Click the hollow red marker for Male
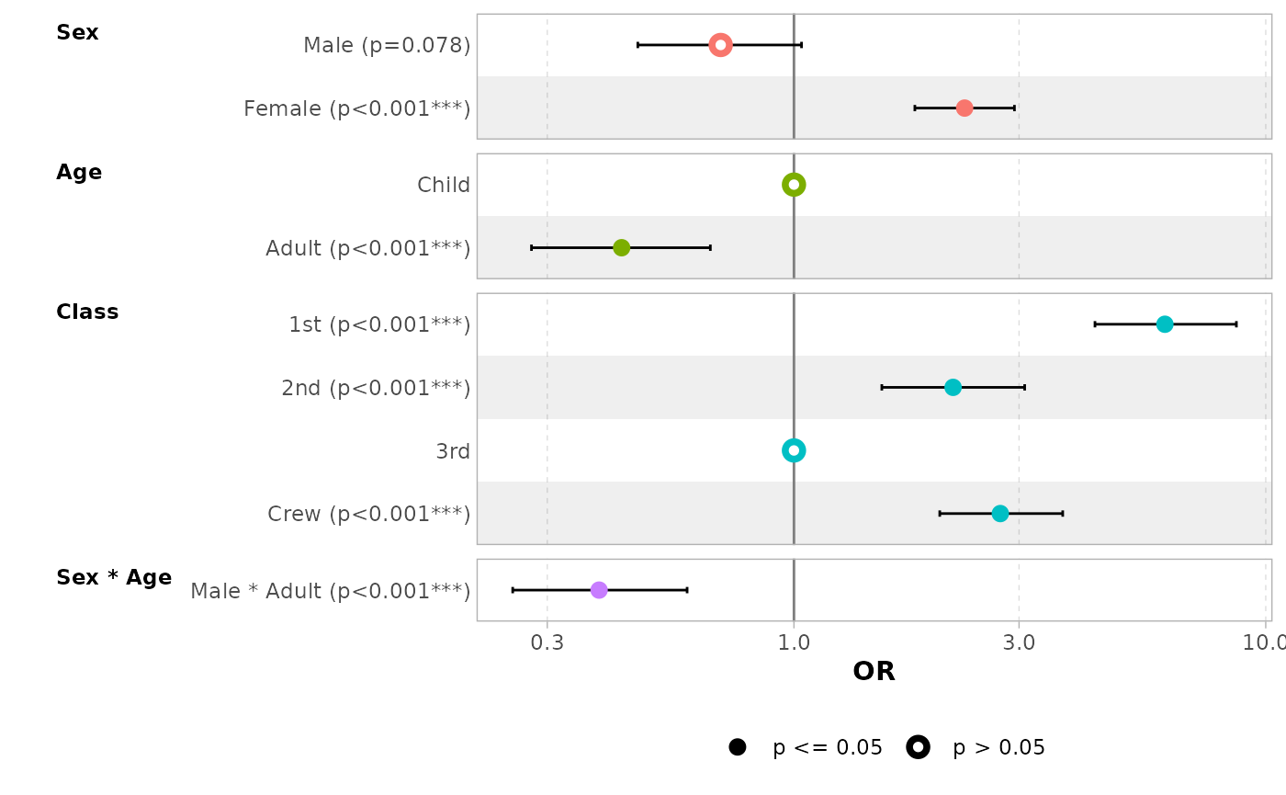[720, 45]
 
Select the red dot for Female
[964, 108]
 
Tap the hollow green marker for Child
[794, 185]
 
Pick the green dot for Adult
[622, 248]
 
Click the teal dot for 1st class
[1165, 324]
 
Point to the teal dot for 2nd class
[953, 388]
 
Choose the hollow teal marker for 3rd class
[794, 450]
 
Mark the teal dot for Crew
[1000, 514]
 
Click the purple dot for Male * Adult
[599, 590]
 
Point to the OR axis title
[874, 672]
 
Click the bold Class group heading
[87, 312]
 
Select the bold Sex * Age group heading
[114, 578]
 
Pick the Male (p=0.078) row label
[387, 45]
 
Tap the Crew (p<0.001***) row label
[368, 515]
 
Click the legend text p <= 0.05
[828, 748]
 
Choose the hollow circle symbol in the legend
[918, 747]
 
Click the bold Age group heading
[79, 173]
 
